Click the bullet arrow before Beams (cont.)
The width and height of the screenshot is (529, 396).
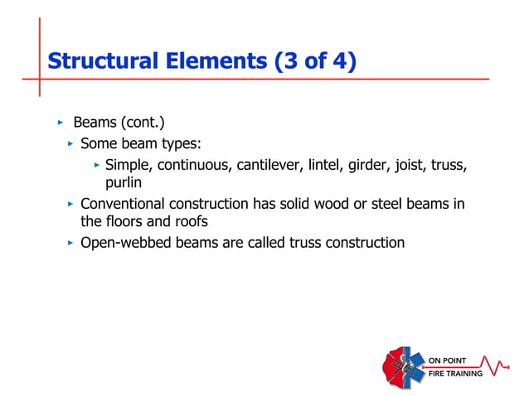[60, 123]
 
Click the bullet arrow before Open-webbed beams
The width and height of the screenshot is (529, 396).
[70, 243]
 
